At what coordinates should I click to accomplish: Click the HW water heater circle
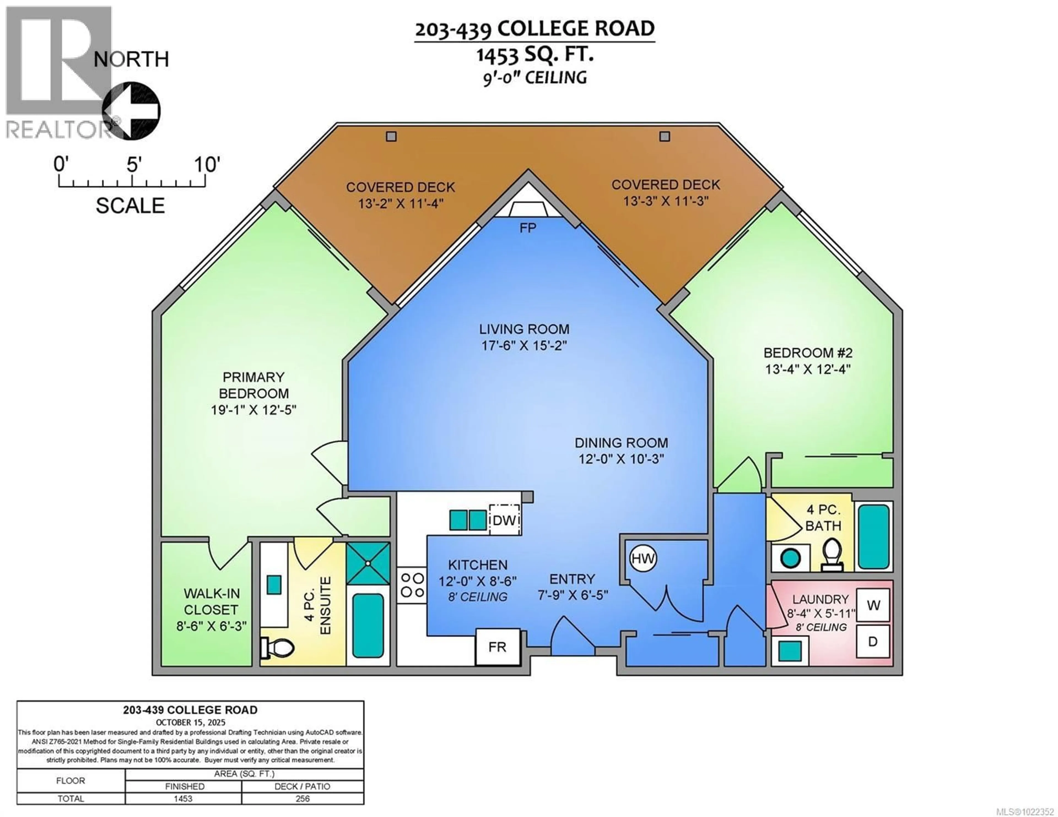643,558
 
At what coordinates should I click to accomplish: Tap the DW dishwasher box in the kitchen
504,520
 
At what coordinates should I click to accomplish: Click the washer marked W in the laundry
873,605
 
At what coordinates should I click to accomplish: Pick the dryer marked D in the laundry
873,642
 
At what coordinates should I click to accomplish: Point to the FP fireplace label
528,228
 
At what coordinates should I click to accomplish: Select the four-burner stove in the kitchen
412,585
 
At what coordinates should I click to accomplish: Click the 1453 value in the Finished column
183,799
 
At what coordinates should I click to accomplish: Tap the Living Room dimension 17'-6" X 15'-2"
524,345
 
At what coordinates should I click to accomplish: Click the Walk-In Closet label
211,601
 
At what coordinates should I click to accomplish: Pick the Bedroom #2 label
808,352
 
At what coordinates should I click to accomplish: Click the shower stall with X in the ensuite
368,563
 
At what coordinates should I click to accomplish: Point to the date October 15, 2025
190,722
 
